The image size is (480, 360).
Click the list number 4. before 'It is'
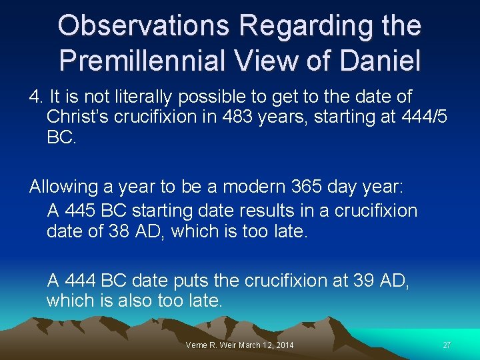pos(35,97)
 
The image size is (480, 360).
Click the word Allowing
pos(61,187)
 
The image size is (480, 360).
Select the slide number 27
pos(447,345)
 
